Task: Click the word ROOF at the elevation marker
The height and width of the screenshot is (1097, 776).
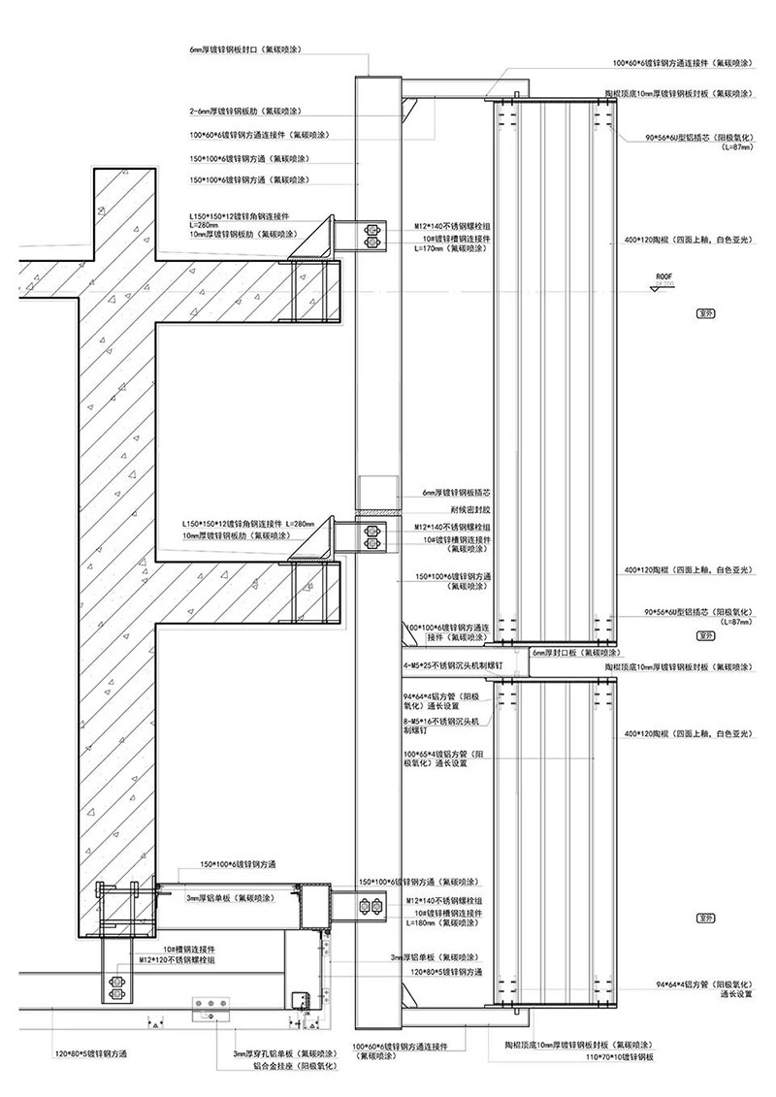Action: (663, 275)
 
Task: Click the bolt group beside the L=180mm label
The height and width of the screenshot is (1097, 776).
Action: (371, 906)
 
